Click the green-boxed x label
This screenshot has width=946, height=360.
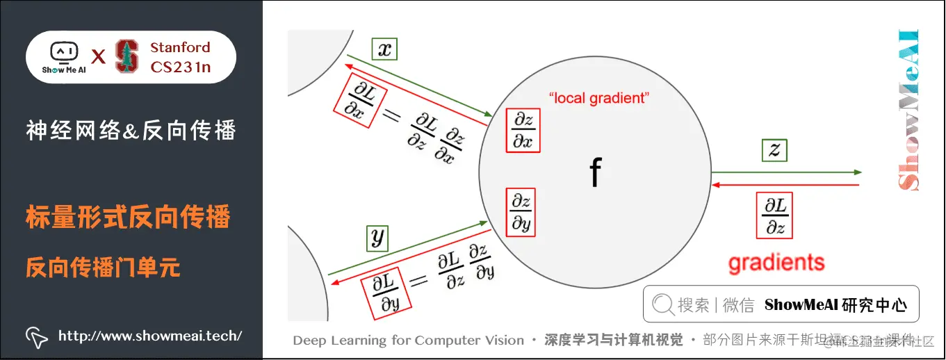[x=384, y=49]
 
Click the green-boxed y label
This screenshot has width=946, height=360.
[x=377, y=238]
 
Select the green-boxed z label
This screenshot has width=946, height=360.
[x=774, y=149]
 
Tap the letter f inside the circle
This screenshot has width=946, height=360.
[x=595, y=173]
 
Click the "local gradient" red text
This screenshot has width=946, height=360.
[x=598, y=98]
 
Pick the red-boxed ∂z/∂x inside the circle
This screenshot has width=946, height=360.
[x=523, y=130]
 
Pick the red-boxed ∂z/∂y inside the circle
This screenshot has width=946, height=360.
[x=521, y=211]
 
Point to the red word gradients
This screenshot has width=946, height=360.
[x=776, y=263]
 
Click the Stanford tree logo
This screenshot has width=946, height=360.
[x=127, y=56]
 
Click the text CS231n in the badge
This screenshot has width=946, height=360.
[x=180, y=67]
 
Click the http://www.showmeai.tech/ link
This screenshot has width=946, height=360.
[x=150, y=336]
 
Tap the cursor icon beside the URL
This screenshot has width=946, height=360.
[x=37, y=337]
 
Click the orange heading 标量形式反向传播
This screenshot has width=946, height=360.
[x=128, y=218]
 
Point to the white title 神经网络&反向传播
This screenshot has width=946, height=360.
[x=131, y=130]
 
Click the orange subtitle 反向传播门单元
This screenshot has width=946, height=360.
[x=104, y=267]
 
